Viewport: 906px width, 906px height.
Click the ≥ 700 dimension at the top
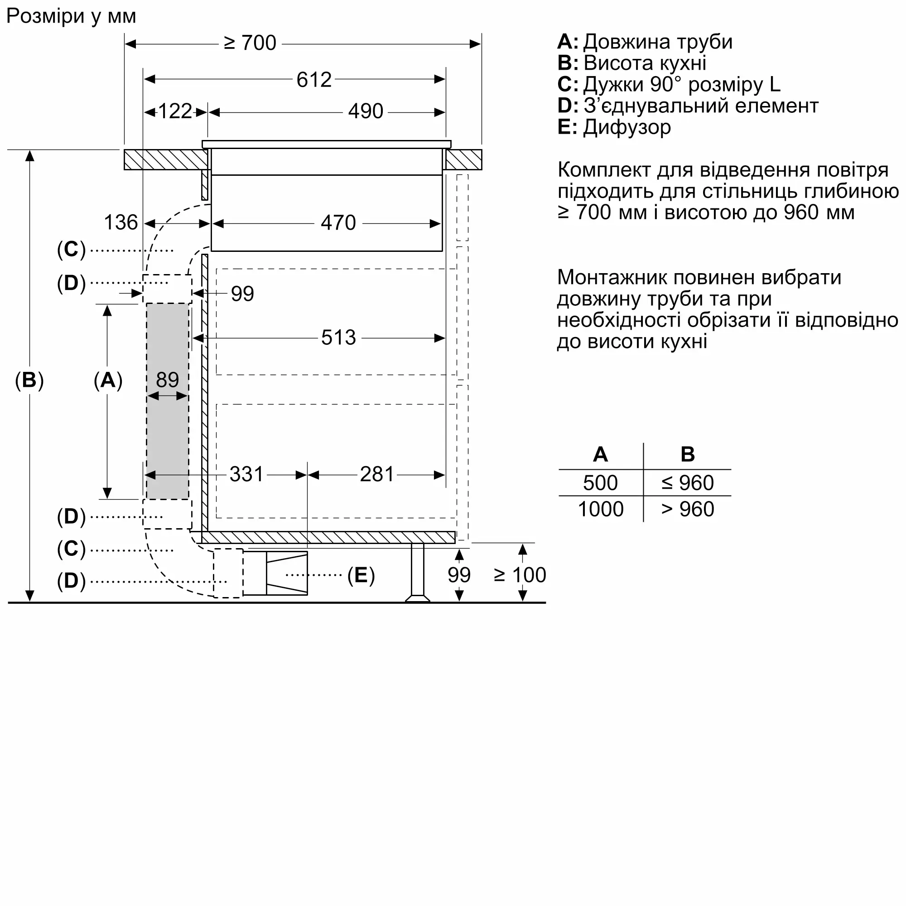(250, 43)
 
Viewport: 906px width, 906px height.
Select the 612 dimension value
(314, 80)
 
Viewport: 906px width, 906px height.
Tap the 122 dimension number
(175, 111)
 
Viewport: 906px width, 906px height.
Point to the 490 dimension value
(366, 111)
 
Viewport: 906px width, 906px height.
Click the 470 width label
(338, 223)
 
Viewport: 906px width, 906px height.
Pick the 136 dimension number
(120, 223)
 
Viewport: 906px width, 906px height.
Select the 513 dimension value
(338, 337)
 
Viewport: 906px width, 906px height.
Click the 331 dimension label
(247, 475)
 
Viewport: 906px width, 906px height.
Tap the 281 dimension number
(377, 475)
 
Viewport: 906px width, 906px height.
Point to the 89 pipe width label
(168, 380)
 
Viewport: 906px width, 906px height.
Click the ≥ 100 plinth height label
(520, 575)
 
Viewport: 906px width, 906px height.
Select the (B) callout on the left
(29, 380)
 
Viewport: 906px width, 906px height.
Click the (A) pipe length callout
(108, 380)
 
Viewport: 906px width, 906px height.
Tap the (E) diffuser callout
(361, 575)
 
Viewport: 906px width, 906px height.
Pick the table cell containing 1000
(601, 509)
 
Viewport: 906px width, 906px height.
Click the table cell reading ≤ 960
(688, 483)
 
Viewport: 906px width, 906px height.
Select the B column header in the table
(688, 454)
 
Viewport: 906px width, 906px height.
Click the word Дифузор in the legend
(627, 128)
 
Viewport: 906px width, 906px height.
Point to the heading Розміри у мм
(71, 16)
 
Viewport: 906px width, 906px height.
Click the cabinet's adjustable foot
(417, 572)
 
